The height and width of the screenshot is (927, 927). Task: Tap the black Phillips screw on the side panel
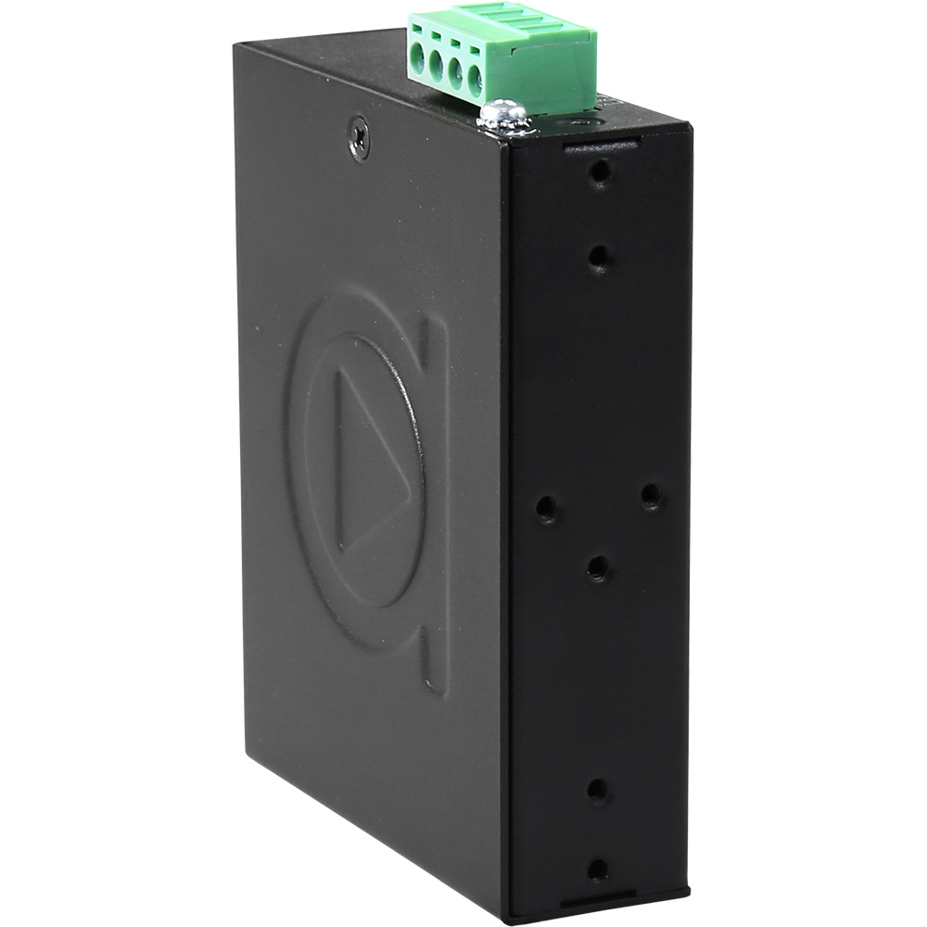tap(358, 138)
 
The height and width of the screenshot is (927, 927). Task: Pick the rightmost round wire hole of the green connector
tap(475, 82)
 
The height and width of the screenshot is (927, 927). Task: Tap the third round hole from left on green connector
tap(455, 75)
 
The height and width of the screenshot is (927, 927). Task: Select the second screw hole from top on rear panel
tap(600, 256)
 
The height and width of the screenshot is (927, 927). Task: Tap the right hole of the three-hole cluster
tap(652, 496)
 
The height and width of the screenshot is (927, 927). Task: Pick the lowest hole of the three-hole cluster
tap(598, 567)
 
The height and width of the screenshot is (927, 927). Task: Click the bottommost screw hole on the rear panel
tap(599, 869)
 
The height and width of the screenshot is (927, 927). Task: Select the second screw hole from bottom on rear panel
tap(598, 790)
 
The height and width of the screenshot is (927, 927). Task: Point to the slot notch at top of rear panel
tap(601, 146)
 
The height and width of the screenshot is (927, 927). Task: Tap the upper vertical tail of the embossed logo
tap(434, 352)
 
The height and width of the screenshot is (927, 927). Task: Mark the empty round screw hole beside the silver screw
tap(582, 122)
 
